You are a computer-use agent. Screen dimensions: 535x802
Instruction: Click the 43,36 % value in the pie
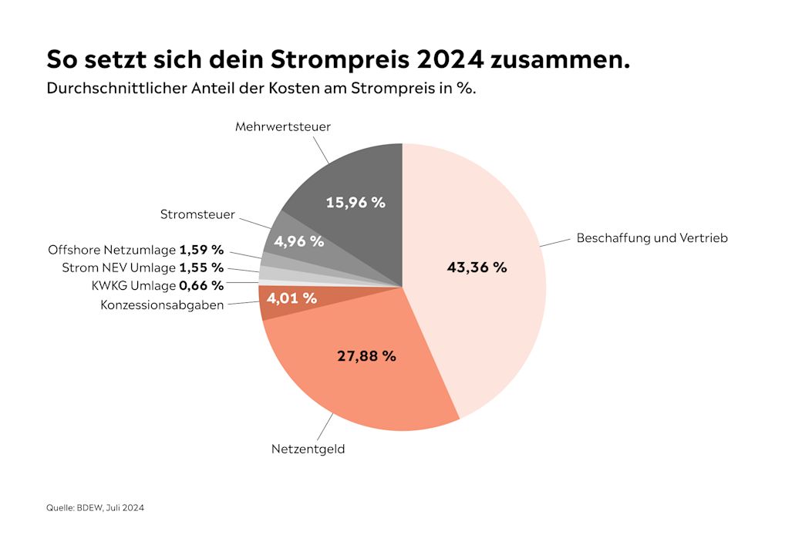coord(477,267)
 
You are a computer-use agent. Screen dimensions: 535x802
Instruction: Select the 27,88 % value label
coord(366,356)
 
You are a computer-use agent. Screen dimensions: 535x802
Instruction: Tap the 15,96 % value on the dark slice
coord(355,203)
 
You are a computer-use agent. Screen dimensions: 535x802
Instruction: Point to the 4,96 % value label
coord(298,241)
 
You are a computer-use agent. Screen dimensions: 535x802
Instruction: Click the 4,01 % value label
coord(291,298)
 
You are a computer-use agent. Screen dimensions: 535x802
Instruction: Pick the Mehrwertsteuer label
coord(283,126)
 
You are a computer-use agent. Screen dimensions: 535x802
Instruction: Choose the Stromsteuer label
coord(197,214)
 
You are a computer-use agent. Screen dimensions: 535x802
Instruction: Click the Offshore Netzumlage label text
coord(112,250)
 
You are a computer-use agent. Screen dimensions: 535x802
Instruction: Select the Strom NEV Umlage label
coord(119,267)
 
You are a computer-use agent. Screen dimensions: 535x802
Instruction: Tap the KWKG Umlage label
coord(133,285)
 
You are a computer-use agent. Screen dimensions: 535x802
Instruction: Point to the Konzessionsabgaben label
coord(162,305)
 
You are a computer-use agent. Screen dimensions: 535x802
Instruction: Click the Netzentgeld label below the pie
coord(308,449)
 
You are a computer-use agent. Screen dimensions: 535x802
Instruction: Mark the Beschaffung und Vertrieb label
coord(652,237)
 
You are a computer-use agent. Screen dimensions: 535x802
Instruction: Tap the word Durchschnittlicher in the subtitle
coord(113,88)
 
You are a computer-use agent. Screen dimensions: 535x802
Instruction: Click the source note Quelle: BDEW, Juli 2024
coord(96,507)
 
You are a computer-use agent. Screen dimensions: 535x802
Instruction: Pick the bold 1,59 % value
coord(201,250)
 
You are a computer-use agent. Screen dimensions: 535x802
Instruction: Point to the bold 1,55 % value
coord(201,267)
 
